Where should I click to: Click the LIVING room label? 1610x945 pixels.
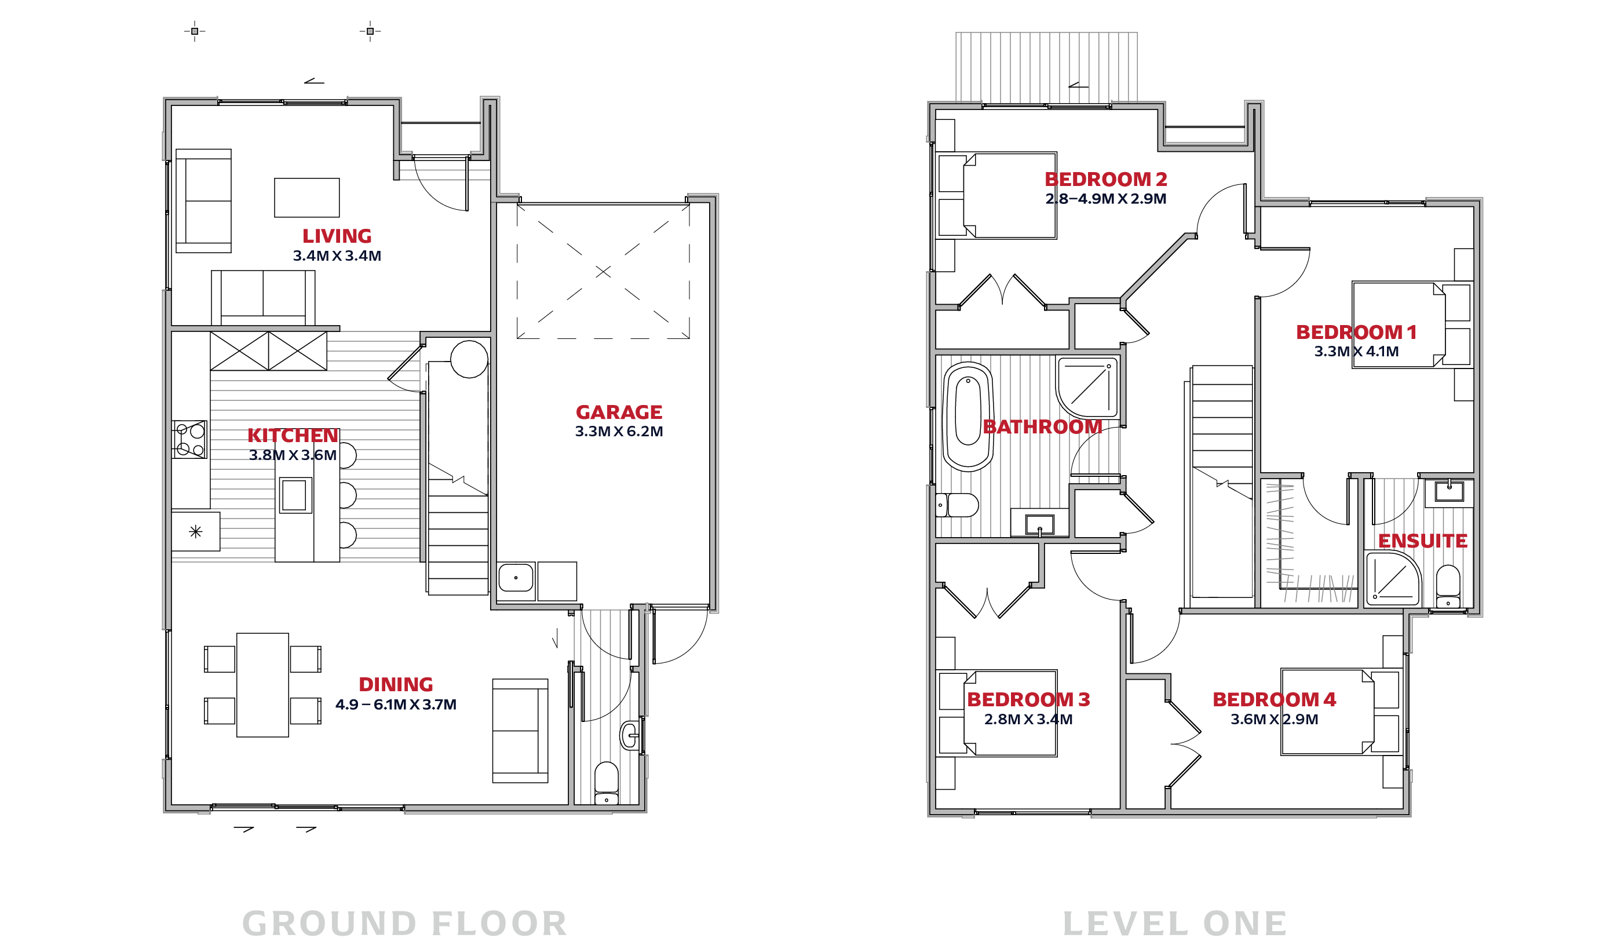pos(337,236)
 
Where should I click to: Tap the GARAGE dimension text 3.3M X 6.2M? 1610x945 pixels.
pos(618,431)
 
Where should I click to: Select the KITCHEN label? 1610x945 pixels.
pos(293,436)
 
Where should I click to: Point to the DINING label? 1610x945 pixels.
pos(396,685)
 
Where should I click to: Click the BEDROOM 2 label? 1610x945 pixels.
pos(1106,180)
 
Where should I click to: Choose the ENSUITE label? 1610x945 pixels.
pos(1423,541)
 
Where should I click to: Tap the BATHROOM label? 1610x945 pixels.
pos(1043,427)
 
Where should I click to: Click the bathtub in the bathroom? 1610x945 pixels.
pos(968,417)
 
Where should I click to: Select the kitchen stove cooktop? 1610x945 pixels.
pos(189,440)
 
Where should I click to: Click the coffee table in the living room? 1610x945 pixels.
pos(306,198)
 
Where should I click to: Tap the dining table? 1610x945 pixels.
pos(262,685)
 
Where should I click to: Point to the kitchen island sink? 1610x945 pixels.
pos(294,495)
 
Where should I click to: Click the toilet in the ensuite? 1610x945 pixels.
pos(1448,586)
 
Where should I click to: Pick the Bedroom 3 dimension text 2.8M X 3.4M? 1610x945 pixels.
pos(1028,720)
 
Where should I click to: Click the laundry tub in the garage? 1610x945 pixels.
pos(516,578)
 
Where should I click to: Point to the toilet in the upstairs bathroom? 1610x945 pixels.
pos(956,505)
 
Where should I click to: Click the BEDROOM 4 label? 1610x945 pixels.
pos(1274,700)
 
